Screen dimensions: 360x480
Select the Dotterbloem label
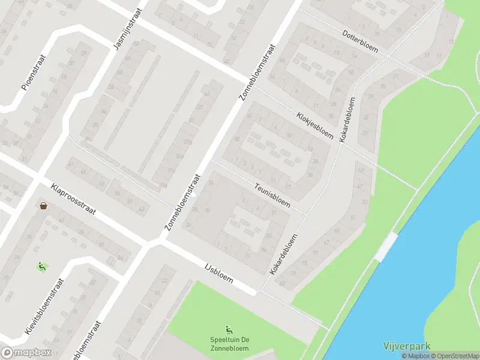[x=361, y=40]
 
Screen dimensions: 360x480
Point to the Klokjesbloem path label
[x=314, y=125]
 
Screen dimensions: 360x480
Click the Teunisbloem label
[x=272, y=194]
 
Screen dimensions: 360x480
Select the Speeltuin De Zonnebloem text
[x=229, y=344]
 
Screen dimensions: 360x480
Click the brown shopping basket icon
[x=44, y=206]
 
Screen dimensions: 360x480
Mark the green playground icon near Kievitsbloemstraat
[x=42, y=266]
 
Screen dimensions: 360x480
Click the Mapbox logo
[x=26, y=353]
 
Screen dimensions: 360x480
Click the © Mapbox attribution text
[x=415, y=356]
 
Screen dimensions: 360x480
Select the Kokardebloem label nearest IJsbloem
[x=284, y=254]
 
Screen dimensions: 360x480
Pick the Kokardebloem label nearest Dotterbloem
[x=347, y=120]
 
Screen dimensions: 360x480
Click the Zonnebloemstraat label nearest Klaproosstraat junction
[x=182, y=203]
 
